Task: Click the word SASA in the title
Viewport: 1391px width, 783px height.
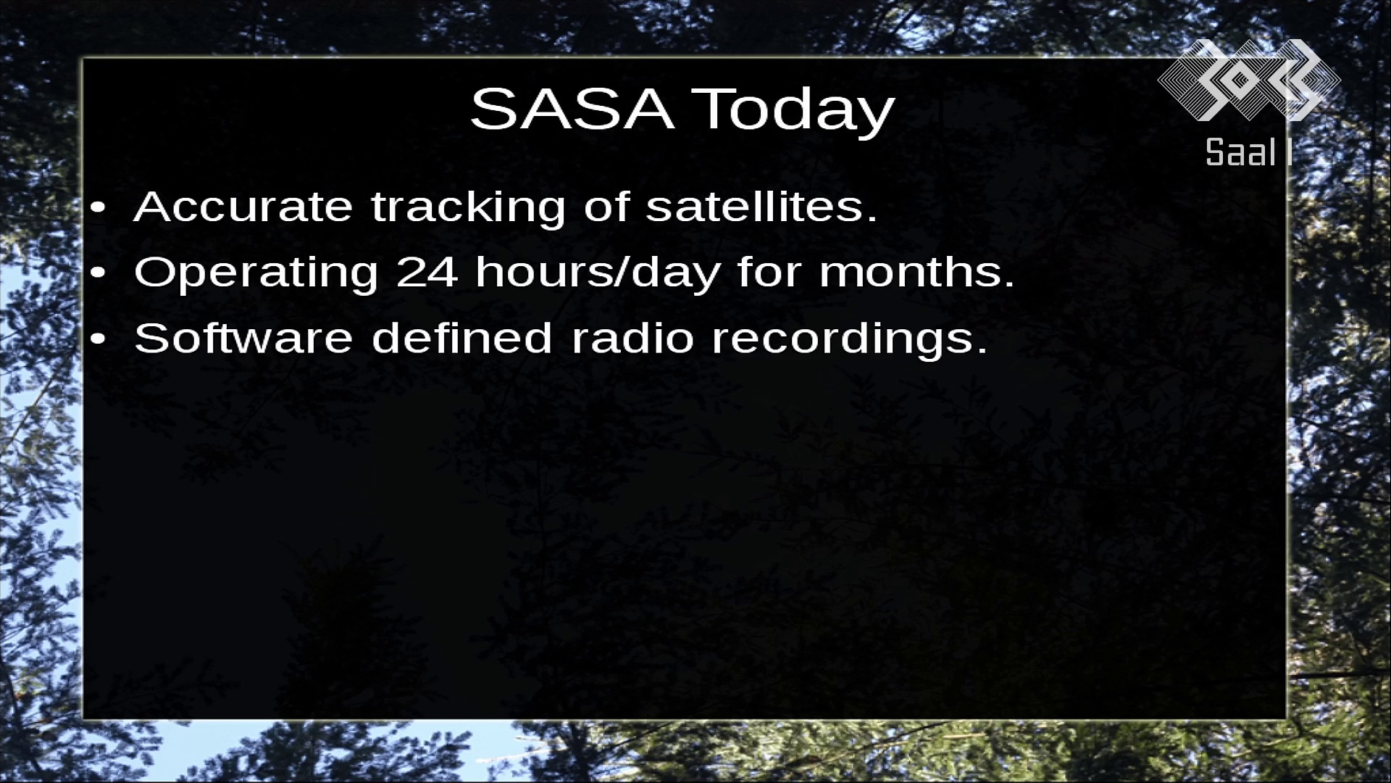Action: tap(572, 109)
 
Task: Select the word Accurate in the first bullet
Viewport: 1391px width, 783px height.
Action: tap(243, 207)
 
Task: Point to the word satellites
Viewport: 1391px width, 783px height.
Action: tap(761, 207)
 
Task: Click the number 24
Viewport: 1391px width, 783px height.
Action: tap(427, 273)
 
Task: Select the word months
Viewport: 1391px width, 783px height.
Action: tap(916, 273)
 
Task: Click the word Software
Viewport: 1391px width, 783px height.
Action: tap(243, 338)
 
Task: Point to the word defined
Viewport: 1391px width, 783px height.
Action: tap(462, 338)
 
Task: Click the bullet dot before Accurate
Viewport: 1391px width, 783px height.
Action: tap(99, 209)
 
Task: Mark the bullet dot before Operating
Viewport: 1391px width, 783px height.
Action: tap(99, 274)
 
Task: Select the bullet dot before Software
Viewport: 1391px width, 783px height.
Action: tap(99, 339)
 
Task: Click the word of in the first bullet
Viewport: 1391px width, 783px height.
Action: tap(605, 207)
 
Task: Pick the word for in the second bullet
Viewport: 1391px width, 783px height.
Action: tap(769, 273)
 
